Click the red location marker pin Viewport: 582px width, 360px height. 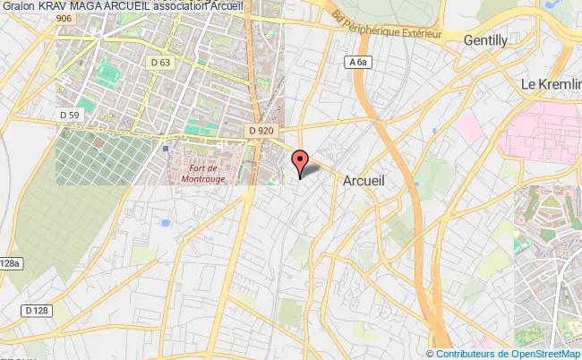tap(300, 160)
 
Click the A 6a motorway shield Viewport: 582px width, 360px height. tap(357, 62)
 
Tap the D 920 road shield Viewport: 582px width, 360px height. tap(261, 131)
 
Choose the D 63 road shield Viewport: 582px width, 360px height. tap(161, 62)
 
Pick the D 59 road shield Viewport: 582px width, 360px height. tap(70, 115)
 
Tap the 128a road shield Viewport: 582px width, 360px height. tap(9, 262)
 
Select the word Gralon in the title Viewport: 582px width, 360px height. tap(17, 6)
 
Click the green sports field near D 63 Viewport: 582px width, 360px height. tap(112, 71)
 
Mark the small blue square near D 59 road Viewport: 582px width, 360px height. tap(166, 150)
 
